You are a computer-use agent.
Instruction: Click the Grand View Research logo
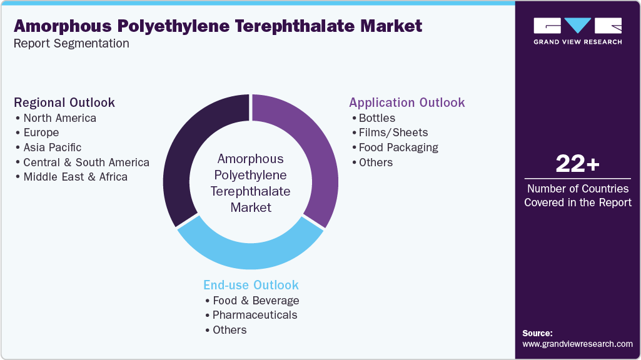pyautogui.click(x=577, y=31)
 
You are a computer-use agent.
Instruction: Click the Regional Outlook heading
pyautogui.click(x=64, y=102)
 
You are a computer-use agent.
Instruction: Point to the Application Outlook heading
pyautogui.click(x=407, y=102)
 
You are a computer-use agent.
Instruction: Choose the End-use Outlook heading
pyautogui.click(x=251, y=285)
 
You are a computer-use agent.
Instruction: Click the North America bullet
pyautogui.click(x=59, y=118)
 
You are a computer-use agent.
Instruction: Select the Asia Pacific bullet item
pyautogui.click(x=53, y=147)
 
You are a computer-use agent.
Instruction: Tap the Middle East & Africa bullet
pyautogui.click(x=75, y=177)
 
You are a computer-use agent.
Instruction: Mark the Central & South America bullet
pyautogui.click(x=86, y=162)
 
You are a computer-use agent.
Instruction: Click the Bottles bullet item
pyautogui.click(x=376, y=118)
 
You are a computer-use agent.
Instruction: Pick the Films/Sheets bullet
pyautogui.click(x=393, y=132)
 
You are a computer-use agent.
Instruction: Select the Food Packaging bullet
pyautogui.click(x=398, y=147)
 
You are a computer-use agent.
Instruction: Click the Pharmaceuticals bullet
pyautogui.click(x=255, y=315)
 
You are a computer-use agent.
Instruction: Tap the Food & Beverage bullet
pyautogui.click(x=256, y=301)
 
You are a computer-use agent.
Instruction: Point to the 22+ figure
pyautogui.click(x=577, y=164)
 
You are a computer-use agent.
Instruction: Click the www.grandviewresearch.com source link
pyautogui.click(x=577, y=344)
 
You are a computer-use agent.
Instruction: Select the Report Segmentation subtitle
pyautogui.click(x=72, y=44)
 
